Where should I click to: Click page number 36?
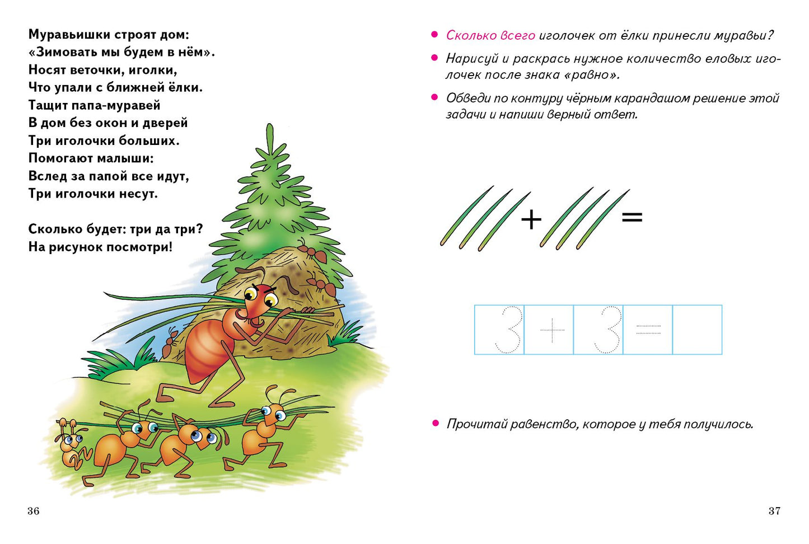(33, 511)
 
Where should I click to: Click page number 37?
(774, 511)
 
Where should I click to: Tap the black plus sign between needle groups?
(531, 219)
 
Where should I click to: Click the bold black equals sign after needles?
(632, 217)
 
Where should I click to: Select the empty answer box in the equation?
(698, 330)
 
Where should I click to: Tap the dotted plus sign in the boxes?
(552, 330)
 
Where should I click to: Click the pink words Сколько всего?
(490, 35)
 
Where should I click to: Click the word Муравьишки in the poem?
(69, 35)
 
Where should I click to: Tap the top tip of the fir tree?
(270, 125)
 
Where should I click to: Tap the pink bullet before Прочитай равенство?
(436, 423)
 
